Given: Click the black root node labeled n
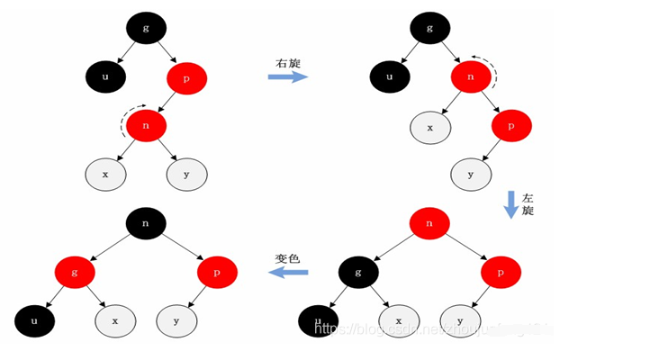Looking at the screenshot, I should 147,221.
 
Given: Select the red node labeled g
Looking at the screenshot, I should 74,271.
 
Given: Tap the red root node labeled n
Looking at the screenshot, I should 429,221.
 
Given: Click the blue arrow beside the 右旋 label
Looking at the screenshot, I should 288,77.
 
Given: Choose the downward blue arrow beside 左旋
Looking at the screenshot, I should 510,204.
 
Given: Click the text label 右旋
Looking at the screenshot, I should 288,63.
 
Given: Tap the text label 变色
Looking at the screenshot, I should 287,257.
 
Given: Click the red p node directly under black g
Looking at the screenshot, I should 186,78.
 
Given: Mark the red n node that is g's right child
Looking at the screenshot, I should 470,77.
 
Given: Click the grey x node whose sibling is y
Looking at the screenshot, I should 105,174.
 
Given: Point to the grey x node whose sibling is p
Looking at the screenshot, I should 429,127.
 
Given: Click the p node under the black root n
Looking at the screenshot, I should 217,271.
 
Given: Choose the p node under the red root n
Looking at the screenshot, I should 501,271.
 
